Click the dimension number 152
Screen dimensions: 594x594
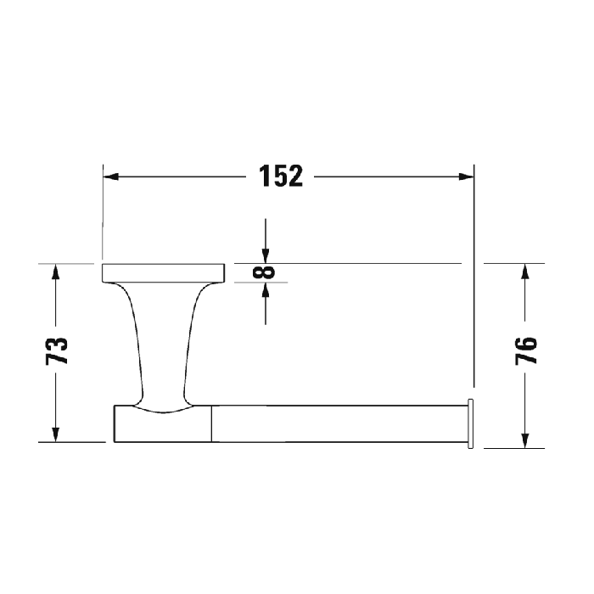point(280,177)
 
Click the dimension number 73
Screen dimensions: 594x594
point(56,351)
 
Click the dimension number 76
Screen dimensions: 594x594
point(526,351)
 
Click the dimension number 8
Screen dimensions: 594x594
point(266,272)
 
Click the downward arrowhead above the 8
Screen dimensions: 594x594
point(266,256)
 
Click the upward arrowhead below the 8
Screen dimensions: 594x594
point(266,289)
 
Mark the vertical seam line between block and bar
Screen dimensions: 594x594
point(210,423)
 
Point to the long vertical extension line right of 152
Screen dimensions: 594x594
point(474,280)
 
